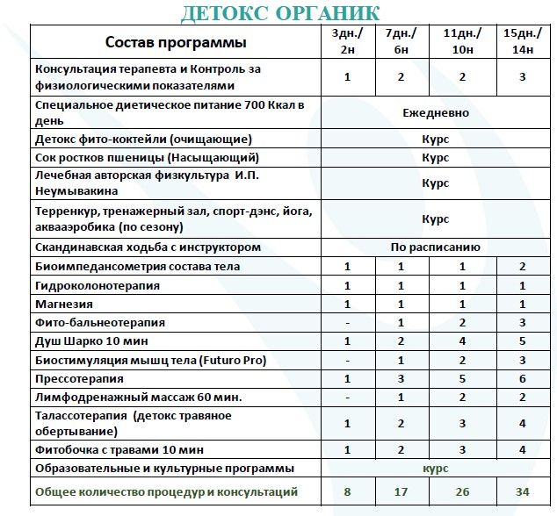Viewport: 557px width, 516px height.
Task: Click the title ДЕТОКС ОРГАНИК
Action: [280, 13]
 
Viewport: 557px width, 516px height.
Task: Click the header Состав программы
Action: [176, 41]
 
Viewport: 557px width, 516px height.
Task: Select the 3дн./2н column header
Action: [347, 41]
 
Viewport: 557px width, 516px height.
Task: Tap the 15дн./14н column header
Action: [522, 41]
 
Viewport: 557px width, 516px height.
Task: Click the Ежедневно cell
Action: [436, 113]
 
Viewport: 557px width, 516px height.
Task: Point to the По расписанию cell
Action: [436, 247]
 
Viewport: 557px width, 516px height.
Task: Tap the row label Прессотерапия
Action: [80, 379]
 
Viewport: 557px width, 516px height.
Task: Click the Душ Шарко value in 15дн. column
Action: [522, 341]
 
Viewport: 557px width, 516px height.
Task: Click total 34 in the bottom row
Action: [522, 492]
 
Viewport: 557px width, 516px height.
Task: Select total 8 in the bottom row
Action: [347, 492]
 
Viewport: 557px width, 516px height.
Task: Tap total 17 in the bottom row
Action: [401, 492]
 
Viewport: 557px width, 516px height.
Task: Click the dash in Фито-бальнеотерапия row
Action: [347, 323]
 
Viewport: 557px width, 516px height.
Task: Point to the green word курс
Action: [436, 469]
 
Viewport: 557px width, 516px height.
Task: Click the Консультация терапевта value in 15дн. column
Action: [522, 77]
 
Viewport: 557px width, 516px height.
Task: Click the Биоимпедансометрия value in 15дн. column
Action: [522, 267]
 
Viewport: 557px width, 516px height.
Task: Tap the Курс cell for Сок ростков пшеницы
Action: [436, 159]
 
